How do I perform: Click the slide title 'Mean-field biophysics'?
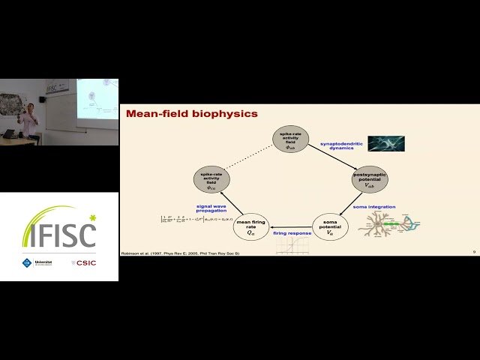[191, 115]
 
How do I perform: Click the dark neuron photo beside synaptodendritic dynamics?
[385, 143]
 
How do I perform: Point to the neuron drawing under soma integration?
[388, 226]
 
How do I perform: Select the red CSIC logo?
[83, 262]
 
